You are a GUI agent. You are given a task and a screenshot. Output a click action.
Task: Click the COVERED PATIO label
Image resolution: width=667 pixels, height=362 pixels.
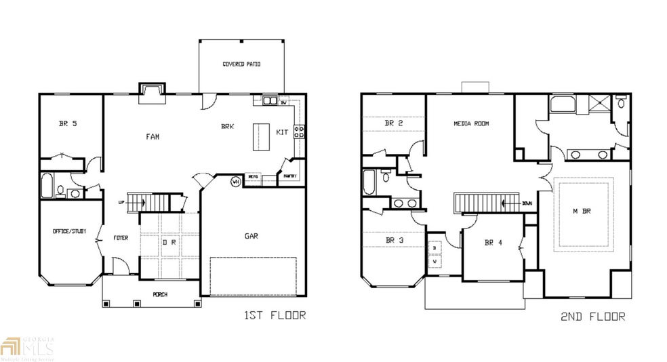pyautogui.click(x=242, y=64)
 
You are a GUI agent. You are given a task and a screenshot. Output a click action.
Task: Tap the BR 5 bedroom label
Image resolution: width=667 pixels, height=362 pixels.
pyautogui.click(x=68, y=123)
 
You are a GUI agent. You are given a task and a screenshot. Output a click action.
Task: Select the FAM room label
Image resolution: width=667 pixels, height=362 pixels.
pyautogui.click(x=153, y=136)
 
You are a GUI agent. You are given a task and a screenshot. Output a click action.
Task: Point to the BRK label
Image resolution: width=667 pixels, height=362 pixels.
pyautogui.click(x=228, y=126)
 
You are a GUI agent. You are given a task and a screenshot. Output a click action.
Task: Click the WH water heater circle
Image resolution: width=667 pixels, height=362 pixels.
pyautogui.click(x=235, y=181)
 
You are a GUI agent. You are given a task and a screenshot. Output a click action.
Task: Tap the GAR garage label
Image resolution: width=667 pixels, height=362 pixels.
pyautogui.click(x=251, y=236)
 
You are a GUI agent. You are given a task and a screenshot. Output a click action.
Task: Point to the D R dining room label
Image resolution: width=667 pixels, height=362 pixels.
pyautogui.click(x=169, y=242)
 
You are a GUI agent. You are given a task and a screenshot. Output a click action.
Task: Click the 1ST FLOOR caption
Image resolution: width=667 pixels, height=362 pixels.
pyautogui.click(x=274, y=315)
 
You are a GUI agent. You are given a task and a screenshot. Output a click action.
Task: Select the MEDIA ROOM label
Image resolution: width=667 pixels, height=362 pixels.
pyautogui.click(x=471, y=124)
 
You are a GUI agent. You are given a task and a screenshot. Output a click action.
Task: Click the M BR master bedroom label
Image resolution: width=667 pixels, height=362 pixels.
pyautogui.click(x=582, y=212)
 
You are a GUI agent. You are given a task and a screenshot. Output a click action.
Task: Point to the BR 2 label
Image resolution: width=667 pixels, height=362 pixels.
pyautogui.click(x=394, y=123)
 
